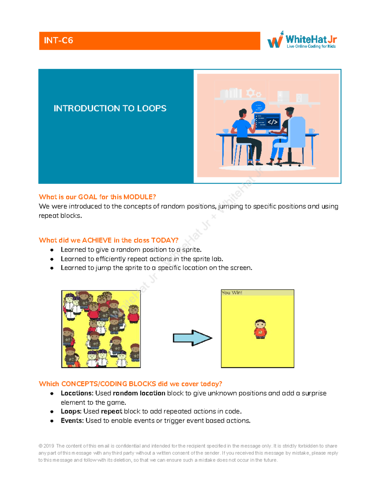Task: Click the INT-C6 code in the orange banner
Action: [x=58, y=40]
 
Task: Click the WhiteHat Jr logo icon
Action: [x=275, y=40]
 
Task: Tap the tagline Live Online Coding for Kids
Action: [x=311, y=46]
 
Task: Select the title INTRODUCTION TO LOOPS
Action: [x=110, y=108]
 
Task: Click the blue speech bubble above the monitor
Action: [x=258, y=107]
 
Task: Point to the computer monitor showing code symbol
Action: [x=267, y=121]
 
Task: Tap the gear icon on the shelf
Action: [x=251, y=93]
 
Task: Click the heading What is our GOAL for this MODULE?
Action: [x=97, y=197]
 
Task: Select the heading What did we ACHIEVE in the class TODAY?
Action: [x=108, y=240]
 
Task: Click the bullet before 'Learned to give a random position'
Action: [x=52, y=250]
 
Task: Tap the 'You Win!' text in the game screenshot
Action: [x=232, y=293]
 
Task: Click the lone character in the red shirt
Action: [x=260, y=329]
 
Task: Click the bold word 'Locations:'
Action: [x=77, y=393]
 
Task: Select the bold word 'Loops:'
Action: [x=71, y=411]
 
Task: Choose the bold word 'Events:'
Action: [x=72, y=420]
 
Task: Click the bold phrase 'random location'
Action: [x=139, y=393]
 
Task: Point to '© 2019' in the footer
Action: [x=46, y=446]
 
